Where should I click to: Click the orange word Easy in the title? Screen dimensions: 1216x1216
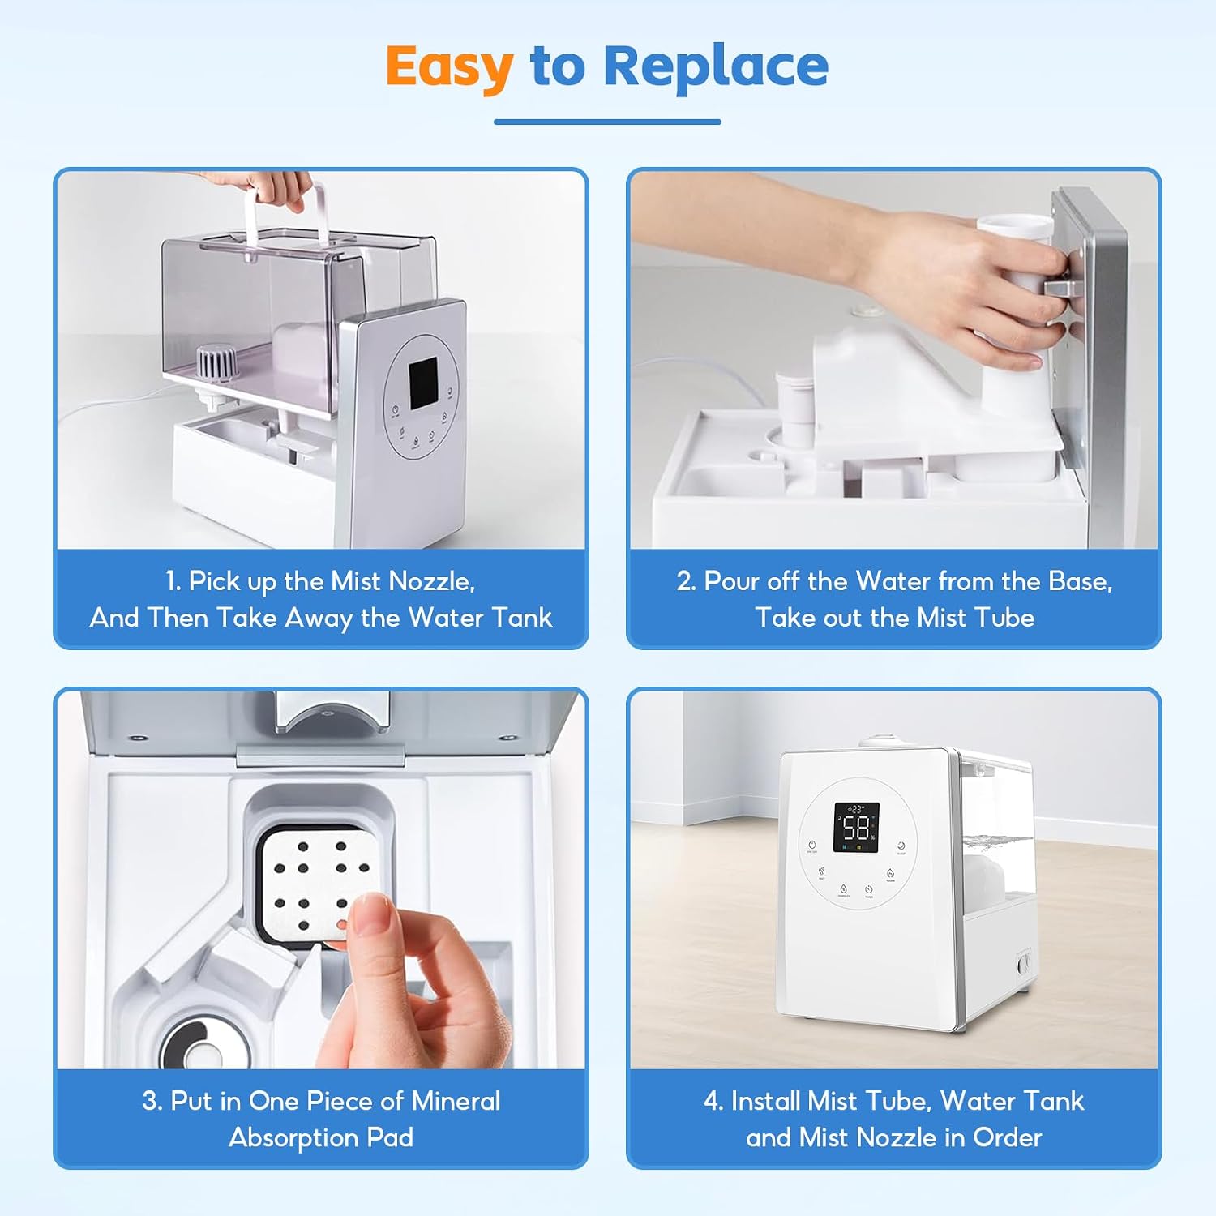449,67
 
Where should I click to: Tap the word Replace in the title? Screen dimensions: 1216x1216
716,66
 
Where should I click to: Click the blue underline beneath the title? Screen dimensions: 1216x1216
607,122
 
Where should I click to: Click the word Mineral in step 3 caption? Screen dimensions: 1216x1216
456,1101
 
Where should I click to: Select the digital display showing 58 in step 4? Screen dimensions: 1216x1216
856,828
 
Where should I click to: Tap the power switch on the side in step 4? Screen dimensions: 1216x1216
1024,963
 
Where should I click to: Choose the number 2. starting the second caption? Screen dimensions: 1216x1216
687,581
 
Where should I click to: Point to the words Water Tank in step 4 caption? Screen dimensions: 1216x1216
1012,1101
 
